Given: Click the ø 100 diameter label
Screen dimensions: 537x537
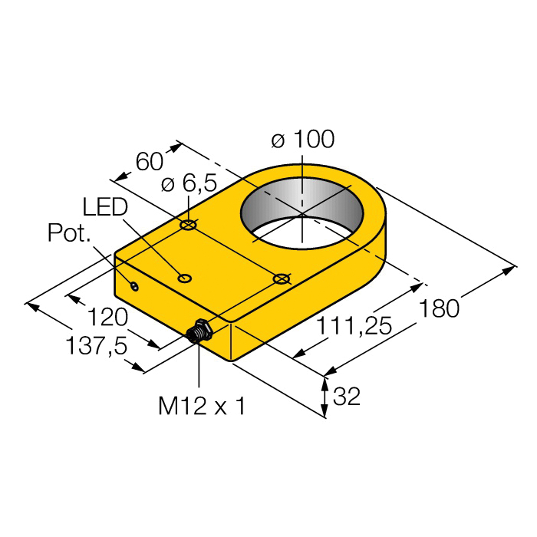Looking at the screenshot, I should pyautogui.click(x=303, y=140).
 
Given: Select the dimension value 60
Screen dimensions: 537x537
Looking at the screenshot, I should pyautogui.click(x=149, y=162).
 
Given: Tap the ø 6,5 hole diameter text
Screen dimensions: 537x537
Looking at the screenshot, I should pyautogui.click(x=189, y=183).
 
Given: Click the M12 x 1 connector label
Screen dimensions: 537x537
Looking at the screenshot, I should pyautogui.click(x=202, y=406).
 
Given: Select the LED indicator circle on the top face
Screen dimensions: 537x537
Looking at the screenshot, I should pyautogui.click(x=184, y=278).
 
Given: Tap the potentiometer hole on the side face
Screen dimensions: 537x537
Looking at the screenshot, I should pyautogui.click(x=135, y=287).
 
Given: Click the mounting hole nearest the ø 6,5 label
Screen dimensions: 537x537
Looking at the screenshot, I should pyautogui.click(x=189, y=226).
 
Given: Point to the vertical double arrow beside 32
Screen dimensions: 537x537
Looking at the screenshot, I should pyautogui.click(x=325, y=397).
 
